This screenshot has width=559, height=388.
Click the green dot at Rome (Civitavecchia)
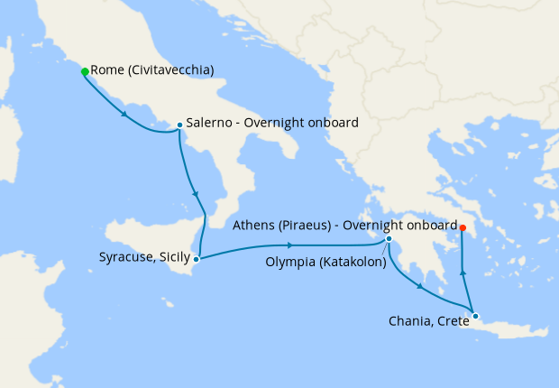pos(85,71)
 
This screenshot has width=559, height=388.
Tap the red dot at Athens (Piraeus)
pos(463,226)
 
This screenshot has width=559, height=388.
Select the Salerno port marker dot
pos(179,125)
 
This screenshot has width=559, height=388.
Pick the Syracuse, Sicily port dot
pos(197,259)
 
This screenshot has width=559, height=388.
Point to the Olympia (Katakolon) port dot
pos(389,239)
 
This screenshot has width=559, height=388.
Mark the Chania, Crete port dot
pos(475,316)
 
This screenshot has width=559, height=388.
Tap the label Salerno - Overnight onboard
pos(272,124)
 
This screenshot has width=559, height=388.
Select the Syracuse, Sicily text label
pos(144,258)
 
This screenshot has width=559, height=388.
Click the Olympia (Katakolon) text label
pos(325,263)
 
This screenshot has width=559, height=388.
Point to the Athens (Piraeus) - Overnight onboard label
pos(344,226)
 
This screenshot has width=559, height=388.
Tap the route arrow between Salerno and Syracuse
pos(195,192)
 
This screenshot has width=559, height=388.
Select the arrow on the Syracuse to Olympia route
pos(289,245)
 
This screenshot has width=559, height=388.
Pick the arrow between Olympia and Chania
pos(419,287)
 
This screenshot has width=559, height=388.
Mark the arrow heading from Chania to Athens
pos(463,271)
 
